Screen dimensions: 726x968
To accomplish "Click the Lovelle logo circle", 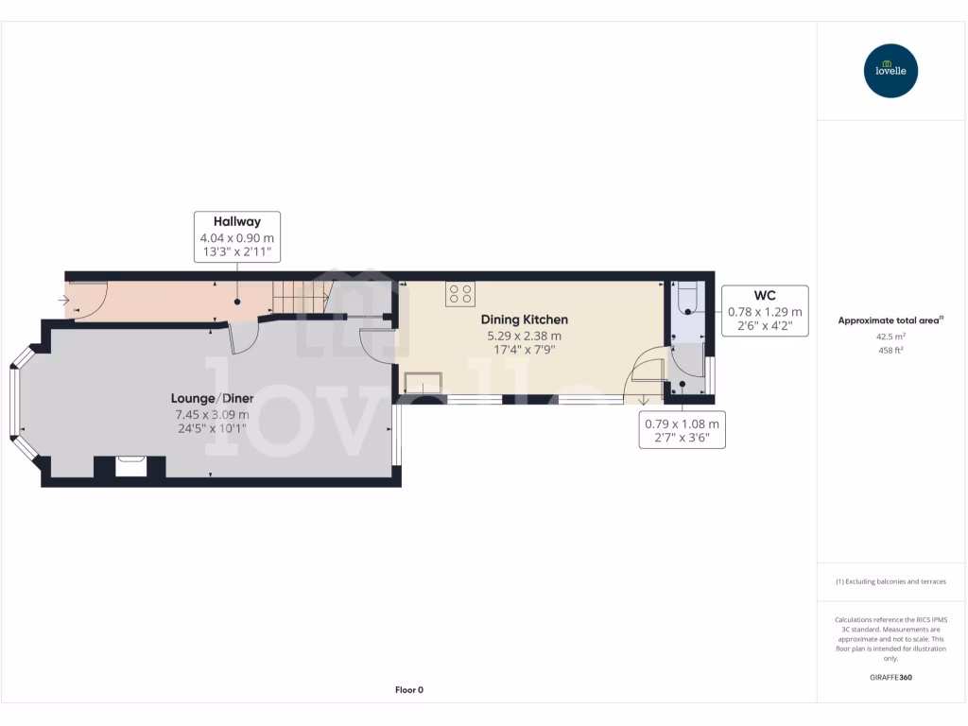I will (x=890, y=71).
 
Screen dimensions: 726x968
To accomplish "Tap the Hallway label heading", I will (x=236, y=222).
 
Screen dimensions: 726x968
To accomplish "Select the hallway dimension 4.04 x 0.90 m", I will (x=236, y=239).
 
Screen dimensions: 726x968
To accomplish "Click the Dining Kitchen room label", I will (x=524, y=320).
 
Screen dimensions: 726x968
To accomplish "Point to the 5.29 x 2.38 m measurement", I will (x=524, y=336).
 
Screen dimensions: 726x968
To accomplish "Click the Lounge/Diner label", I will (x=212, y=398).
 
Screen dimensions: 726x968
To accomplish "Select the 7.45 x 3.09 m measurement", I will (x=212, y=414).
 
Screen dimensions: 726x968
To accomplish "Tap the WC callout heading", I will (x=765, y=296).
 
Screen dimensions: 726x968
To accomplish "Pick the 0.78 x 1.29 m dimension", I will (x=765, y=312).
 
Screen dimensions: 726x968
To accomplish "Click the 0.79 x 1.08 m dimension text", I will (x=683, y=424).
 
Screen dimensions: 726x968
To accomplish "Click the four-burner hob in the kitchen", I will (x=460, y=294).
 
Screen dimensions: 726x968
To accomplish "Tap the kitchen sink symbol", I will (x=422, y=383).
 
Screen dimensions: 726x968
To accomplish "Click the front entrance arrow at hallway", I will (x=64, y=301).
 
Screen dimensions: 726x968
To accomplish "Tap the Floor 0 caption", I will (x=408, y=690).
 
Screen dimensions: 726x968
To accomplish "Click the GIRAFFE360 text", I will (x=890, y=677).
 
